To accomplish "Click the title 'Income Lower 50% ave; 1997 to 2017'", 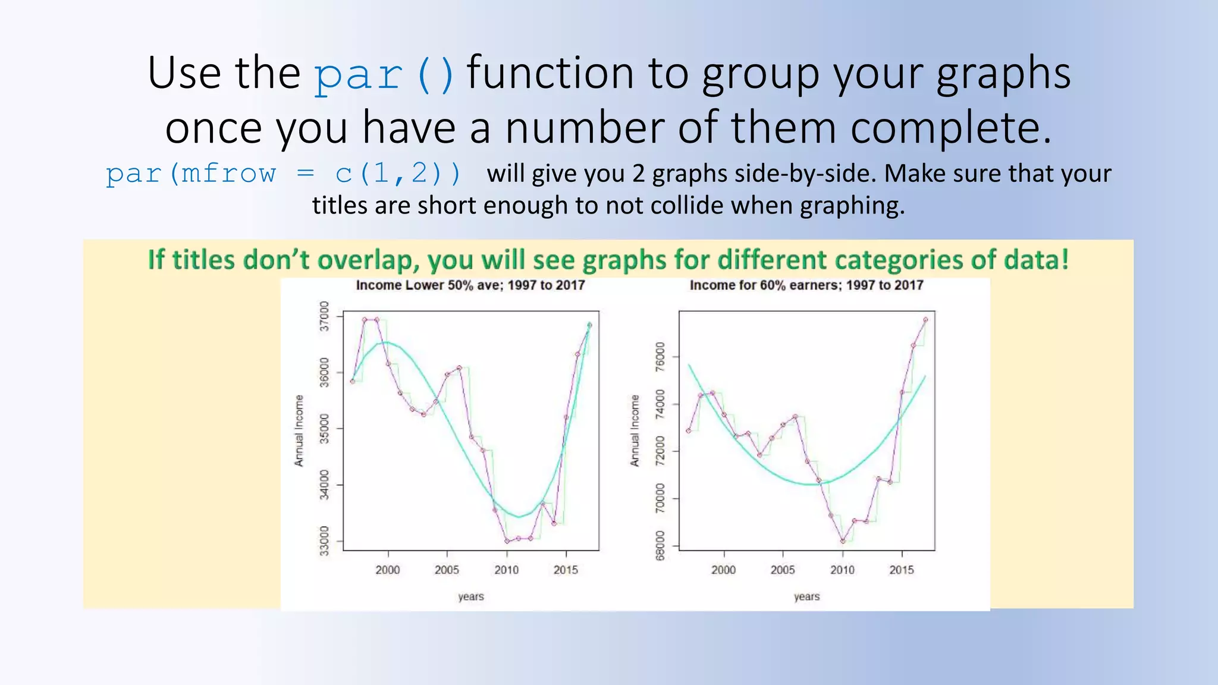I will (470, 285).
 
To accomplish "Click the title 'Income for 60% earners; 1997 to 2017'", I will (806, 285).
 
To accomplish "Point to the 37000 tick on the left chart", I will (324, 316).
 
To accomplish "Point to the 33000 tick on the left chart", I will (324, 541).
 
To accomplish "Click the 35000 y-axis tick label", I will (324, 428).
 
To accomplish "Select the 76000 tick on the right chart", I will (660, 357).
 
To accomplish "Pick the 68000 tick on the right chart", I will (660, 545).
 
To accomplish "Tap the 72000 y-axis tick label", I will (660, 451).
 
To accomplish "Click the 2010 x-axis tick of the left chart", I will (506, 570).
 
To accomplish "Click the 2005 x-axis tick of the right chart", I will (783, 570).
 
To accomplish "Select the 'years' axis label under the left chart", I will (471, 596).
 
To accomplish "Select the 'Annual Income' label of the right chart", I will (635, 431).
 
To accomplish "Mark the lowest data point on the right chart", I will (843, 541).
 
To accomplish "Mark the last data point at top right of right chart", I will (925, 320).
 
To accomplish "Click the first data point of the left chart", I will (353, 381).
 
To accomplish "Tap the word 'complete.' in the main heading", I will (950, 128).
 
